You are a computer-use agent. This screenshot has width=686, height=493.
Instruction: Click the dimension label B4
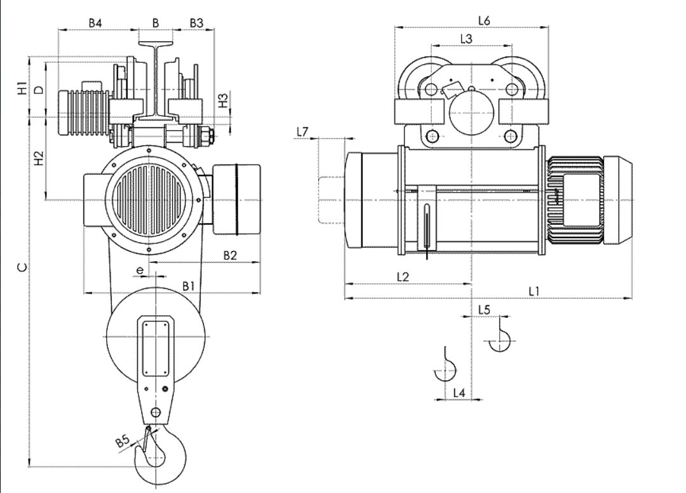[95, 23]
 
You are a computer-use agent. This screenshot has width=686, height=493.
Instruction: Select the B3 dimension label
[196, 23]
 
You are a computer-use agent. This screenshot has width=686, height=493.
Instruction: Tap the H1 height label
[22, 88]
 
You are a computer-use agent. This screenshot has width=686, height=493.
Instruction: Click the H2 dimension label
[39, 158]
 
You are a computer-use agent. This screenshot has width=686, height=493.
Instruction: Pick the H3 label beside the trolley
[223, 100]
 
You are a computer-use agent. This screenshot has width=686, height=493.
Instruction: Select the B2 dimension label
[230, 255]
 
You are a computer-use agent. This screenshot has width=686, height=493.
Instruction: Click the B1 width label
[188, 287]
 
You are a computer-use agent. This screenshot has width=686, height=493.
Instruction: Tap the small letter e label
[140, 271]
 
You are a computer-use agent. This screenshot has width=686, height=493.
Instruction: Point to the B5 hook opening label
[123, 441]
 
